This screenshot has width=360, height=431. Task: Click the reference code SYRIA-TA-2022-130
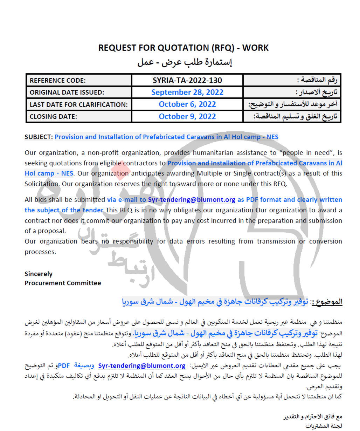click(x=187, y=80)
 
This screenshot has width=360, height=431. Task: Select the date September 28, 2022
click(x=187, y=93)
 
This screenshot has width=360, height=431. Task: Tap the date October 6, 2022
click(x=187, y=104)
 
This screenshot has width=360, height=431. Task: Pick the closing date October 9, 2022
click(x=187, y=117)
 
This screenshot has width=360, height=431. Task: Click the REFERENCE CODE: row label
click(x=57, y=81)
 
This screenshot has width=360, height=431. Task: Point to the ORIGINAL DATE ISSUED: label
click(x=67, y=93)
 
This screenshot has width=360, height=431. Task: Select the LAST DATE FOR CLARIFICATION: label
click(x=78, y=105)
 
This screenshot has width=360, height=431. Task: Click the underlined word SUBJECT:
click(x=39, y=137)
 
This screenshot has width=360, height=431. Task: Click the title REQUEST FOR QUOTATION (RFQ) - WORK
click(x=183, y=48)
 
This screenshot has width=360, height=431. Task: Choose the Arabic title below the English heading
click(x=185, y=63)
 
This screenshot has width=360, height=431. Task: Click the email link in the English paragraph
click(x=192, y=200)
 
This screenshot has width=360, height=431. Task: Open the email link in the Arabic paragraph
click(x=142, y=366)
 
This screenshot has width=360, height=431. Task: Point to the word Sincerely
click(x=39, y=274)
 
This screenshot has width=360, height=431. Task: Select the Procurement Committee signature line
click(x=63, y=283)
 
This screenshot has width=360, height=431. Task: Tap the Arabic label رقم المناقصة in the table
click(x=319, y=81)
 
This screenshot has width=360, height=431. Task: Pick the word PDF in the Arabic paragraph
click(x=64, y=366)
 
